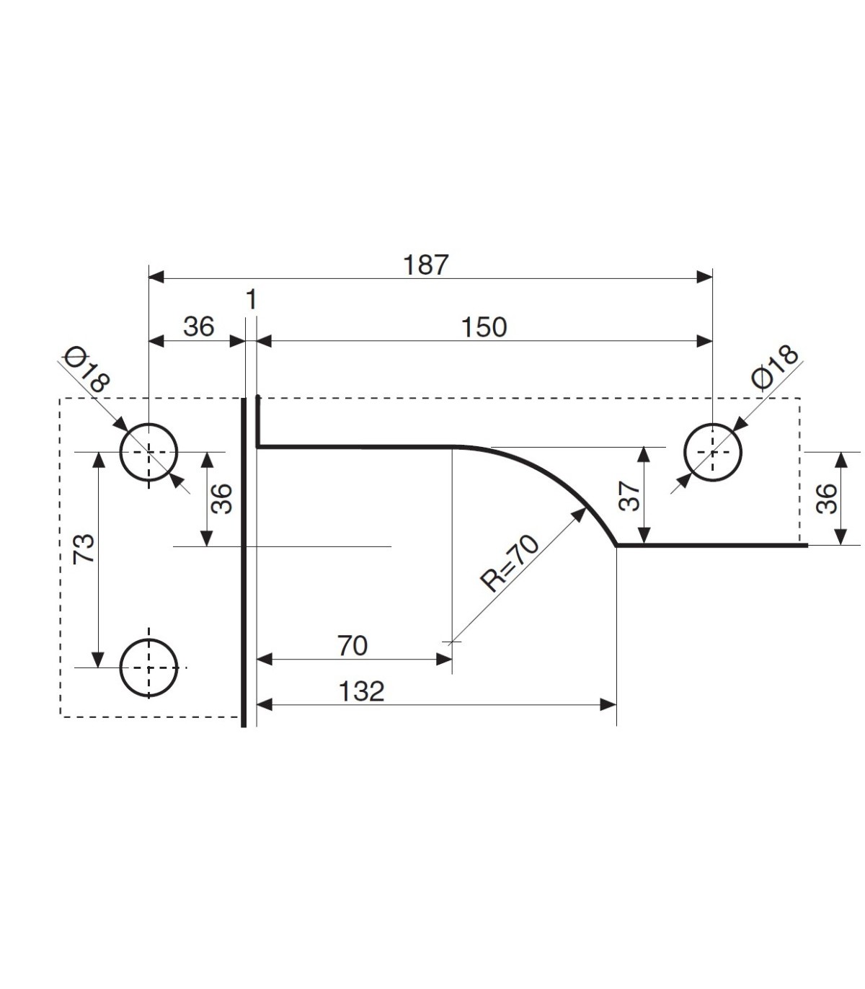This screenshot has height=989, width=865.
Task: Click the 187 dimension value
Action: pyautogui.click(x=426, y=265)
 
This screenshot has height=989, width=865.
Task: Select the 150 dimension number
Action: pyautogui.click(x=484, y=327)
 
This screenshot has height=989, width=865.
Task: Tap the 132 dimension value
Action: pyautogui.click(x=361, y=691)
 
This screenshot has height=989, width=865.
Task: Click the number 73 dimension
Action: pyautogui.click(x=83, y=549)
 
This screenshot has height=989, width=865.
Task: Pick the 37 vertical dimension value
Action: pyautogui.click(x=630, y=497)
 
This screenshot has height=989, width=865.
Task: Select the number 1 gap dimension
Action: pyautogui.click(x=252, y=300)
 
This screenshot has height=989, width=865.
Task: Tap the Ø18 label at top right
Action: pyautogui.click(x=775, y=368)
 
